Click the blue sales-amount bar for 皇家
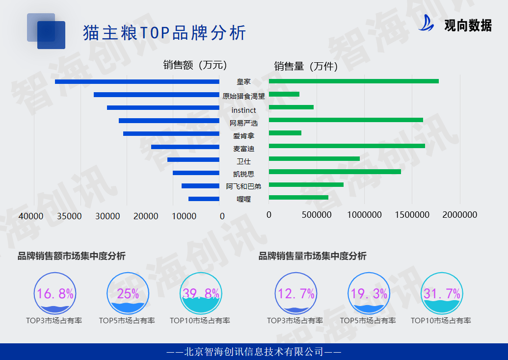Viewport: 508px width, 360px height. [x=137, y=81]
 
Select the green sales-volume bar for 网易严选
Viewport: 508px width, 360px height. [x=346, y=120]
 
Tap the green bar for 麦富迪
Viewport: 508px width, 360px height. [x=347, y=146]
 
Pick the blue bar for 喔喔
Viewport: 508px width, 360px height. [x=204, y=199]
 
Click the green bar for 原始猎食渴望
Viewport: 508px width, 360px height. [x=284, y=94]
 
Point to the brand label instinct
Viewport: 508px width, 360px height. [x=243, y=110]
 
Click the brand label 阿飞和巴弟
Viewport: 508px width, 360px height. [x=243, y=186]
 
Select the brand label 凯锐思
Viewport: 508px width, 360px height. [x=243, y=174]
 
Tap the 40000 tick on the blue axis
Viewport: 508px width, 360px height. [x=34, y=216]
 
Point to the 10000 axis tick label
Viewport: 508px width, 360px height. [x=184, y=216]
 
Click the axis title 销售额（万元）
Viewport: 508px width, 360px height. [x=195, y=65]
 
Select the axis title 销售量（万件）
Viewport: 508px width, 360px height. [x=306, y=66]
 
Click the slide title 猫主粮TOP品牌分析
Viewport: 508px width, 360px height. [x=164, y=33]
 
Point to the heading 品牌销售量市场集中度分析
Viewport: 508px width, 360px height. [x=312, y=256]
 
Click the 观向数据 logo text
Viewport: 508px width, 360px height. [x=467, y=25]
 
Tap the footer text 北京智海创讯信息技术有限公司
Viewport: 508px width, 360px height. [x=254, y=352]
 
